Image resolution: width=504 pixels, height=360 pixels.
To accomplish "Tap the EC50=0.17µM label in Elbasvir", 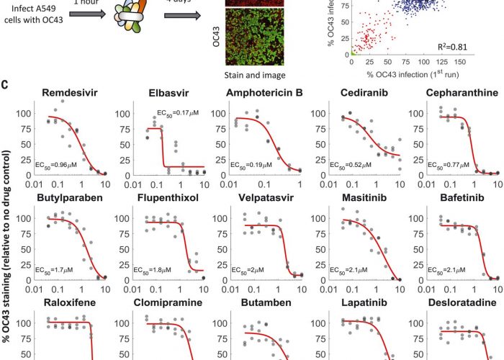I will tap(179, 112).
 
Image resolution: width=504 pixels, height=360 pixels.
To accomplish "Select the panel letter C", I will tap(5, 85).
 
